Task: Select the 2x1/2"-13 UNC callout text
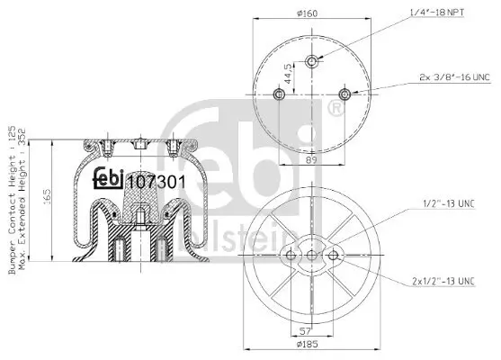click(x=442, y=282)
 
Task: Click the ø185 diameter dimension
click(x=310, y=344)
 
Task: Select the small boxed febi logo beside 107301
click(x=110, y=180)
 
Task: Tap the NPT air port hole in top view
click(x=311, y=61)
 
